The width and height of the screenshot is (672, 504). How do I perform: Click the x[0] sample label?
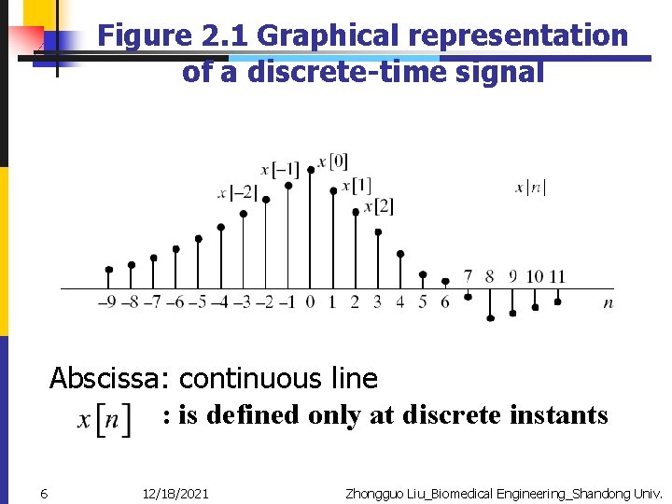pyautogui.click(x=332, y=161)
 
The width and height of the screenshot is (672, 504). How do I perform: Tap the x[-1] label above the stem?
pyautogui.click(x=279, y=170)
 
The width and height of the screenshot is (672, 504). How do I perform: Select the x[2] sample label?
pyautogui.click(x=378, y=205)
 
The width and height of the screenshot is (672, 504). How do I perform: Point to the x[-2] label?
pyautogui.click(x=237, y=193)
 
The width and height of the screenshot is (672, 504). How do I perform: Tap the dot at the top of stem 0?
pyautogui.click(x=311, y=170)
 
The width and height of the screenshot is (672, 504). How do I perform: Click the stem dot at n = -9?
pyautogui.click(x=109, y=270)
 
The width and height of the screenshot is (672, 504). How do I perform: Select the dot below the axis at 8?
pyautogui.click(x=490, y=318)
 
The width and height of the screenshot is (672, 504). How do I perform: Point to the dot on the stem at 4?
pyautogui.click(x=400, y=254)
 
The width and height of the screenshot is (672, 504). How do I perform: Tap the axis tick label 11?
pyautogui.click(x=557, y=276)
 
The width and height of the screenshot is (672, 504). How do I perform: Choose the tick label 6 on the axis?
pyautogui.click(x=445, y=301)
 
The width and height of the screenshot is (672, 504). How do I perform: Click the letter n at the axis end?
pyautogui.click(x=609, y=302)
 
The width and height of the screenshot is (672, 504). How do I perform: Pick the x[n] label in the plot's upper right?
pyautogui.click(x=530, y=188)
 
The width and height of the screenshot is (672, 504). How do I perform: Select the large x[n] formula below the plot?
pyautogui.click(x=105, y=420)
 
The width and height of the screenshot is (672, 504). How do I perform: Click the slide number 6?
pyautogui.click(x=44, y=493)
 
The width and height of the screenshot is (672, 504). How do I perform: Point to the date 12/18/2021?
pyautogui.click(x=175, y=493)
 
